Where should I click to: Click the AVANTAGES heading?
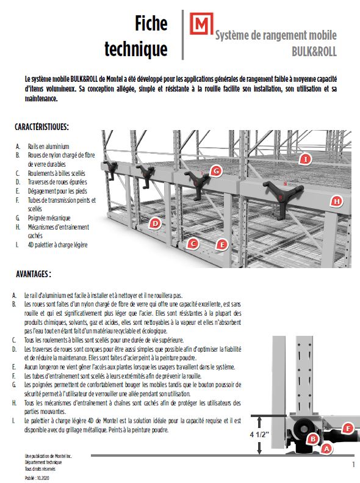[34, 275]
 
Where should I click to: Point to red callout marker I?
[306, 159]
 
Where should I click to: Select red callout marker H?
[336, 201]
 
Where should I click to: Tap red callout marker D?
[156, 223]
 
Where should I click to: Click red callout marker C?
[193, 244]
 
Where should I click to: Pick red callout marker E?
[223, 245]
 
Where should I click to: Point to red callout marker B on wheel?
[312, 438]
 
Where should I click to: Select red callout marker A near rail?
[326, 448]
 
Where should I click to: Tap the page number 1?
[353, 465]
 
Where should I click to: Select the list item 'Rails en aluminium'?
[48, 147]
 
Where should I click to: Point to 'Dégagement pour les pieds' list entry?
[57, 191]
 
